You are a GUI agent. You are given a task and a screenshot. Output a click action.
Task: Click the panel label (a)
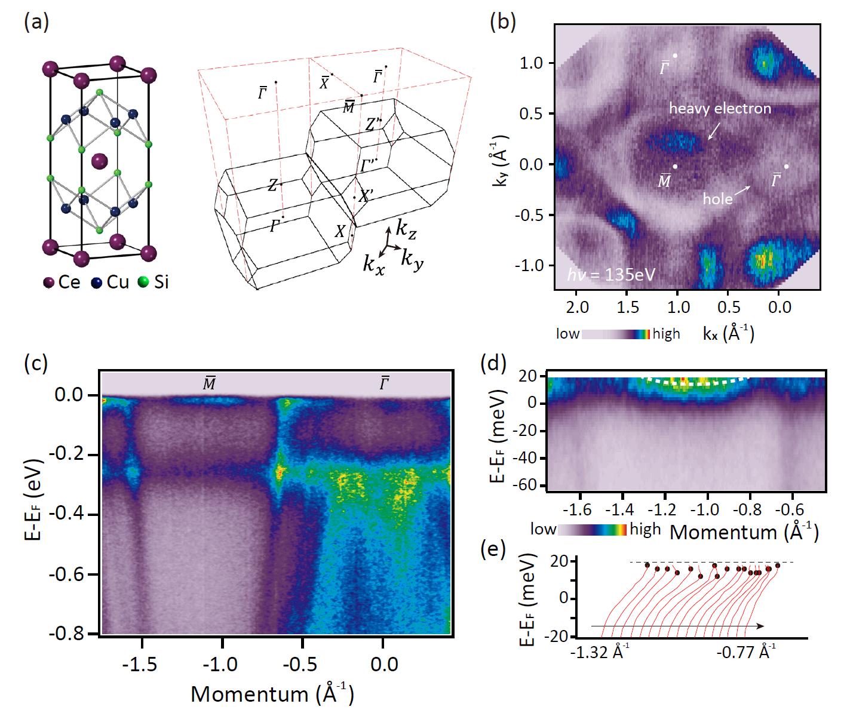36,22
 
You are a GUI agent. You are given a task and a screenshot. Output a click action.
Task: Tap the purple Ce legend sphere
49,282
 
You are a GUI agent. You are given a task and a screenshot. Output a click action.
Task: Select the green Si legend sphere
143,282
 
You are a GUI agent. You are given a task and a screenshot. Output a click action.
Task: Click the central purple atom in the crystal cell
99,161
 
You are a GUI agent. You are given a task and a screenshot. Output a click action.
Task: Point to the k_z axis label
407,228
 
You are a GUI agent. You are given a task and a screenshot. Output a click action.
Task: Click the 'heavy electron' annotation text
720,108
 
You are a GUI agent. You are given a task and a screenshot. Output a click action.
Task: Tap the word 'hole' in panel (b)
717,199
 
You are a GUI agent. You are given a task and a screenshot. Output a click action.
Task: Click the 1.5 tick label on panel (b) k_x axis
627,308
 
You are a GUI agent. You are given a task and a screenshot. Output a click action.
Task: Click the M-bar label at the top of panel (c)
209,383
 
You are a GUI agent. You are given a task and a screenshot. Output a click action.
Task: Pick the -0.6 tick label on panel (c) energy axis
67,574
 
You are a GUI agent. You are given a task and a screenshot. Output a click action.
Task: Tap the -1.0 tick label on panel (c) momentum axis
220,665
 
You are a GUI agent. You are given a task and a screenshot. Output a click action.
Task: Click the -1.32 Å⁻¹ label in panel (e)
599,652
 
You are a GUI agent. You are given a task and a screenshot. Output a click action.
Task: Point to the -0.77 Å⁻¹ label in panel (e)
746,652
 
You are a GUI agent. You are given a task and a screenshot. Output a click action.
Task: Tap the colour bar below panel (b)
615,334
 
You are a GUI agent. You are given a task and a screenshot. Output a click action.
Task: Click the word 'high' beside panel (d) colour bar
645,530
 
